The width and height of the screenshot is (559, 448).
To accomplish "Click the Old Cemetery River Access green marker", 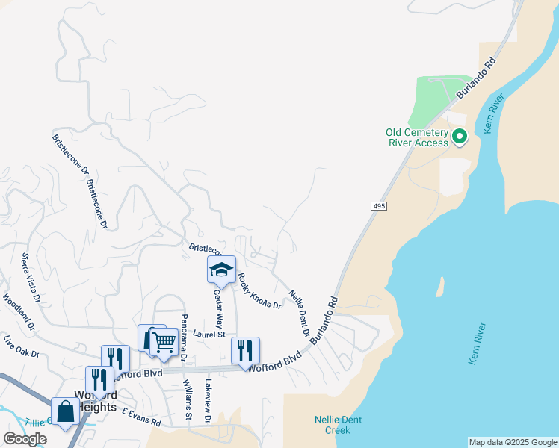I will pyautogui.click(x=460, y=137).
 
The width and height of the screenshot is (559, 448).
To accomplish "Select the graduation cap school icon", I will pyautogui.click(x=221, y=270).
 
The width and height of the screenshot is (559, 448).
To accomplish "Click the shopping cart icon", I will pyautogui.click(x=164, y=341).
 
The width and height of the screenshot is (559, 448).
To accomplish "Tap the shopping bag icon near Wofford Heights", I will pyautogui.click(x=65, y=411).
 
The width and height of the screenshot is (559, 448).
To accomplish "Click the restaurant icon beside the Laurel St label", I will pyautogui.click(x=245, y=349).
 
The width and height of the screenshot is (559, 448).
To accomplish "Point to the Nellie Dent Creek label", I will pyautogui.click(x=339, y=424).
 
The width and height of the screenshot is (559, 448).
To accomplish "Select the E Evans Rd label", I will pyautogui.click(x=141, y=417).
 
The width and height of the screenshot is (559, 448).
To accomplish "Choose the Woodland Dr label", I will pyautogui.click(x=19, y=313).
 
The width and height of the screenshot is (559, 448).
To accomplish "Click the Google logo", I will pyautogui.click(x=25, y=439).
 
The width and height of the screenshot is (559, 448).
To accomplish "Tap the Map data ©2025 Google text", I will pyautogui.click(x=513, y=442).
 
